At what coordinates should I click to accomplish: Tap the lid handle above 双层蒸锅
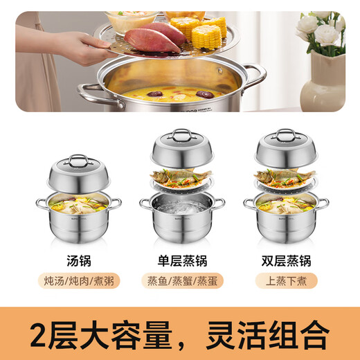click(x=285, y=134)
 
